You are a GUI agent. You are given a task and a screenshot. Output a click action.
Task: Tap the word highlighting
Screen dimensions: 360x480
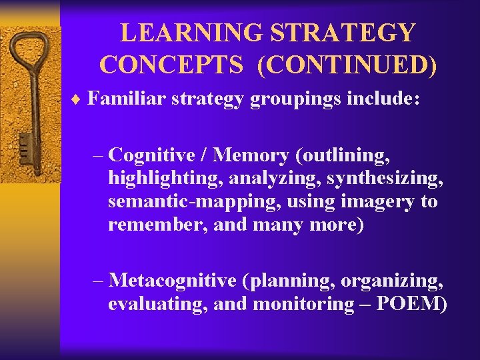click(159, 179)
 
